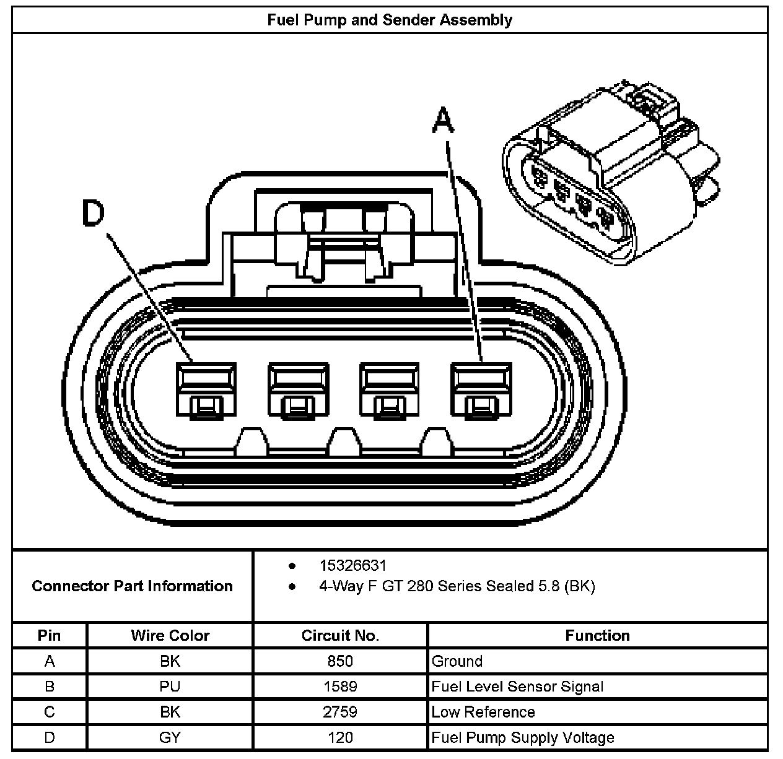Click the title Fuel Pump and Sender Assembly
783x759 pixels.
(x=390, y=20)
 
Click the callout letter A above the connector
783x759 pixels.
(x=442, y=120)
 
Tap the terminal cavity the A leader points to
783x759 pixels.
(x=481, y=391)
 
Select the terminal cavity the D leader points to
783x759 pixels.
(x=206, y=391)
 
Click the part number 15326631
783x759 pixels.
(x=352, y=565)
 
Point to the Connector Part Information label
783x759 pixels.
(x=132, y=586)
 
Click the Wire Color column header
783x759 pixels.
(x=170, y=635)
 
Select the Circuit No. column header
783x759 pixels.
(x=340, y=635)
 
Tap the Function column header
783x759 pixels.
(x=597, y=635)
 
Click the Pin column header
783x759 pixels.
(x=50, y=635)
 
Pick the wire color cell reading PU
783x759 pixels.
(x=170, y=686)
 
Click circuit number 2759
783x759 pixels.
(x=340, y=711)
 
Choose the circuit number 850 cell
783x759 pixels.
(x=340, y=661)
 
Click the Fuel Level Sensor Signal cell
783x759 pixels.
(x=517, y=686)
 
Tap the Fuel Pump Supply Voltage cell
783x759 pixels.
(x=523, y=737)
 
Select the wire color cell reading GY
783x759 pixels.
(x=170, y=737)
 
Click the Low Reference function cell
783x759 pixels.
(x=483, y=711)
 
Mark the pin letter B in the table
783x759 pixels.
(x=50, y=686)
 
